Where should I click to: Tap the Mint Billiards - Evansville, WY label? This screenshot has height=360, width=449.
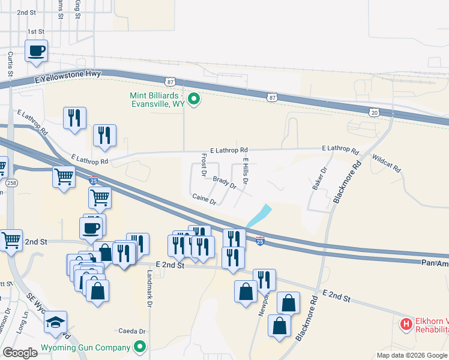(158, 100)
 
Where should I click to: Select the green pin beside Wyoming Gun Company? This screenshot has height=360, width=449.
(140, 347)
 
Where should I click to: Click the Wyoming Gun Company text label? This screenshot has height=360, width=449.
(85, 348)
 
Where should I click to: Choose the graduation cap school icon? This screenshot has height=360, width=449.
(55, 322)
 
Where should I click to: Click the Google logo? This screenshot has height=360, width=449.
(20, 353)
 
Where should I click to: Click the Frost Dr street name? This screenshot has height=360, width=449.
(204, 164)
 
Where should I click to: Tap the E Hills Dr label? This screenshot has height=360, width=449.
(246, 166)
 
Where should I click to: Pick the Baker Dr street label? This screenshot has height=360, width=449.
(319, 178)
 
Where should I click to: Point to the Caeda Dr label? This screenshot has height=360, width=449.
(132, 331)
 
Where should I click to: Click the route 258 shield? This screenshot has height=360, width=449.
(11, 182)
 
